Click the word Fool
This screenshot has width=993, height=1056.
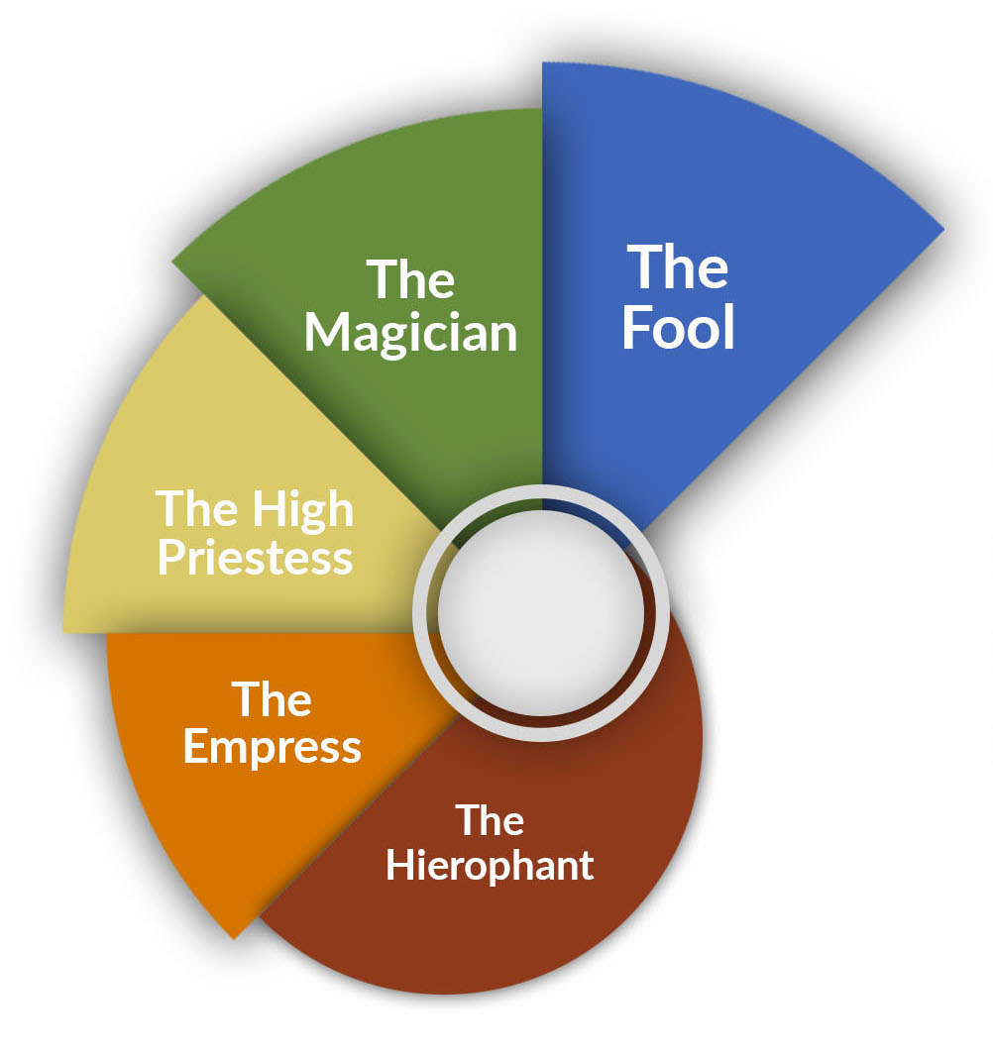678,327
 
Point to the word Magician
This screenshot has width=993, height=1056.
410,334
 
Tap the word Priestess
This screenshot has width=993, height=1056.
256,559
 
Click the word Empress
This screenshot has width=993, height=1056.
273,748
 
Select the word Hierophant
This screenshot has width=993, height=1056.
490,866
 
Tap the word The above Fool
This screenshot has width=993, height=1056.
678,266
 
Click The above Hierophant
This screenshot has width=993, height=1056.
490,820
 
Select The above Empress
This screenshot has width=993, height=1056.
272,699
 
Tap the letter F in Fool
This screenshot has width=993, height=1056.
636,327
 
